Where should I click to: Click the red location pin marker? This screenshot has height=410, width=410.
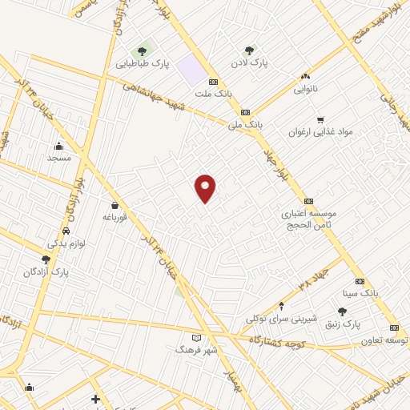[206, 188]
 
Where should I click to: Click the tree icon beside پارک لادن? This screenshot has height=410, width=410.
[249, 50]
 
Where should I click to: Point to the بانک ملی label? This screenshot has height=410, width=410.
[245, 125]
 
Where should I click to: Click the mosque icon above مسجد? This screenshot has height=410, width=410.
[58, 147]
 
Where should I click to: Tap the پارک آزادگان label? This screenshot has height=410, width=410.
[46, 272]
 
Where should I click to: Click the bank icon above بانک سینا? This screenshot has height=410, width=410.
[360, 281]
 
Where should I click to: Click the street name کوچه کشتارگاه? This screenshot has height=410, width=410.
[279, 340]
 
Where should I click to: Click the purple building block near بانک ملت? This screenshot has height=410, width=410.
[192, 70]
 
